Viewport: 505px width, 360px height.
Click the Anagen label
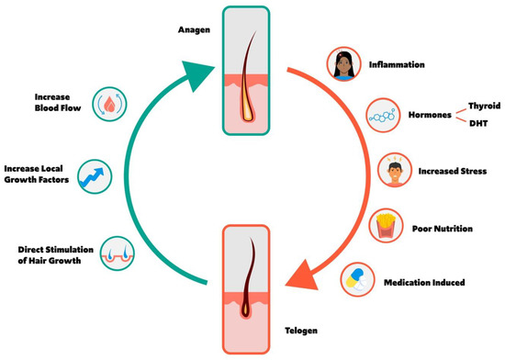coord(194,28)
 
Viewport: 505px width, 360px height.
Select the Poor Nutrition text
coord(443,228)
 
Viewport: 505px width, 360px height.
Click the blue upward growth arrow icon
coord(95,174)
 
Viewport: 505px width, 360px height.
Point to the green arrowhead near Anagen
coord(203,69)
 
